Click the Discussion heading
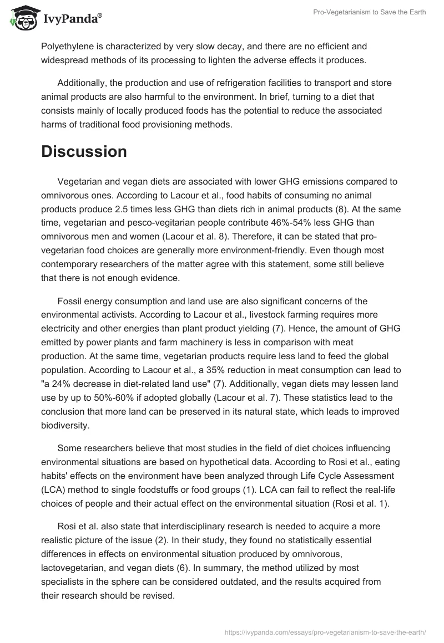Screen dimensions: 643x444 pos(84,151)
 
